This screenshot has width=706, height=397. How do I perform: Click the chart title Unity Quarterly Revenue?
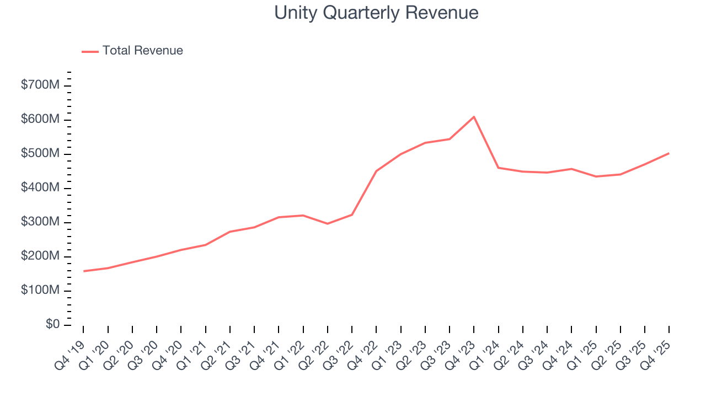376,13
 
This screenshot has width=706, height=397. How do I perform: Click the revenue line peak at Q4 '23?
474,117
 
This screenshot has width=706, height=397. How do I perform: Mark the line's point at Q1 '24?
499,168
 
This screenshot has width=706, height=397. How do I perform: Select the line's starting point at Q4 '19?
84,271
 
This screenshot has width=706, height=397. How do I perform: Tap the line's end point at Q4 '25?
669,153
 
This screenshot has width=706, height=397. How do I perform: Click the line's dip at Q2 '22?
328,223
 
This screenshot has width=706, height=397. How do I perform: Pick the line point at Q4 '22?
376,171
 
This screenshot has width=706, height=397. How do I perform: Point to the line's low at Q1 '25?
596,176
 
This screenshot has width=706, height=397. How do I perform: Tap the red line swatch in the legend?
90,51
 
